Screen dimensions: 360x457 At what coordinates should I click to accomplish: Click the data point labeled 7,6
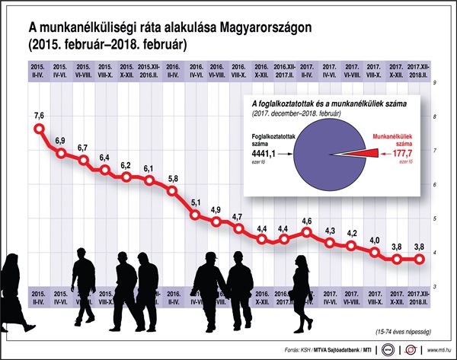39,129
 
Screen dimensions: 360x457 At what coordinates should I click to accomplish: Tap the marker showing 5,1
195,215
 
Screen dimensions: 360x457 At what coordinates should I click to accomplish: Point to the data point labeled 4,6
307,232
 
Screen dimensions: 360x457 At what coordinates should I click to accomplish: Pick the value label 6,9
61,142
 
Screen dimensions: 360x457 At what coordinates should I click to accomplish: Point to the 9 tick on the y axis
433,82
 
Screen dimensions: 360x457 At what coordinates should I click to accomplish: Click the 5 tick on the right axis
433,218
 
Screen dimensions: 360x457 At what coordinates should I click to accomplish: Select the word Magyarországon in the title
265,29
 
